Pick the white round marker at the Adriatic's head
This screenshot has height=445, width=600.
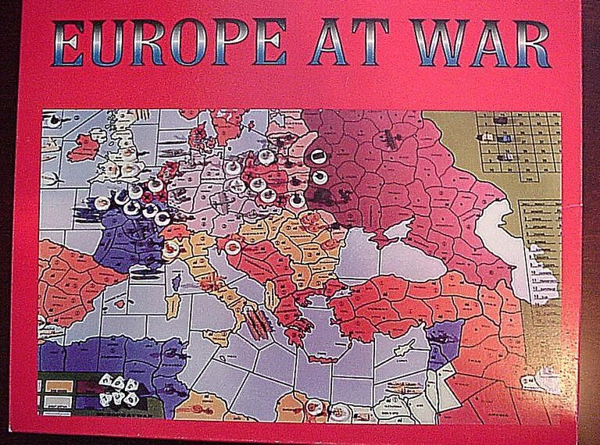[231, 248]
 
